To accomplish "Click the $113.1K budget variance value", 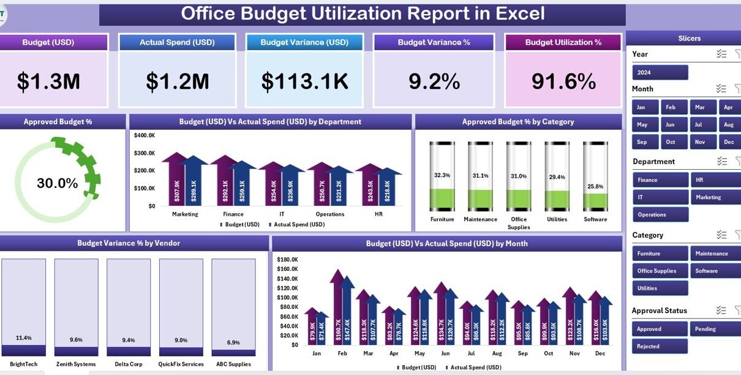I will pos(304,81).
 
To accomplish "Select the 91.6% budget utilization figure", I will pos(563,81).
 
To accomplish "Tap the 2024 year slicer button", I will pos(660,72).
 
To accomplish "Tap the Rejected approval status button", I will pos(660,346).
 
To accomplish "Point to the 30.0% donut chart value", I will pos(57,183).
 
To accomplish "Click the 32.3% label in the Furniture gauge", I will pos(442,175).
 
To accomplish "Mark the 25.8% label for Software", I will pos(595,186).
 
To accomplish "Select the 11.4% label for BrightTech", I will pos(24,338).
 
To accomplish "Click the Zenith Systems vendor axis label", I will pos(76,364).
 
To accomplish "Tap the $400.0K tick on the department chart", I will pos(145,135).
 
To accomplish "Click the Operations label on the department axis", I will pos(329,214).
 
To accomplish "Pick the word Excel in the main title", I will pos(516,13).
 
